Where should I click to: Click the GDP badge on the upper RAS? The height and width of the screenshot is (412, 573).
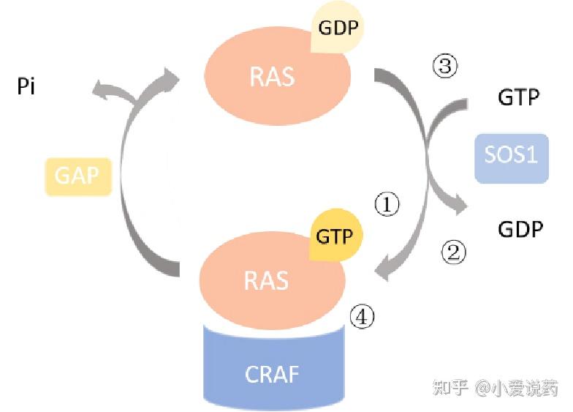click(337, 29)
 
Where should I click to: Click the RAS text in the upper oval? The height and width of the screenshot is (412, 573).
click(272, 76)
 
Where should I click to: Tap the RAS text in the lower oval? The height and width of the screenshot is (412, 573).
click(267, 280)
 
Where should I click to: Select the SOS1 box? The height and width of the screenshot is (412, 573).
click(511, 156)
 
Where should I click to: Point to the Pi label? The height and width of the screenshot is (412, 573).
click(27, 89)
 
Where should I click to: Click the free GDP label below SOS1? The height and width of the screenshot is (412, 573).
click(520, 229)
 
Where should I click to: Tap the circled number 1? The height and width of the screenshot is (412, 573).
click(387, 205)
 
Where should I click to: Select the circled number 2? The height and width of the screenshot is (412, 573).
click(452, 252)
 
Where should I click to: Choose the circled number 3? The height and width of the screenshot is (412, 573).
click(445, 67)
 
